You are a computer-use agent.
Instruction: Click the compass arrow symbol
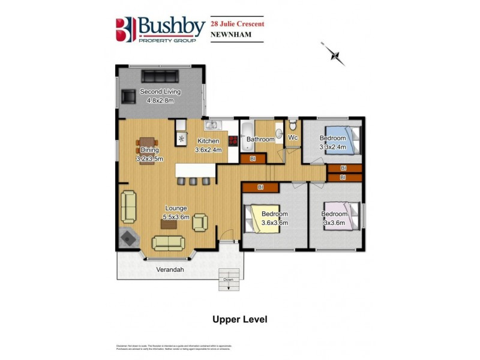click(x=335, y=54)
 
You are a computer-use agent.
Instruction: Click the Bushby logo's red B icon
click(x=124, y=28)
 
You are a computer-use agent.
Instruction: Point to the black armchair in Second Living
click(x=128, y=96)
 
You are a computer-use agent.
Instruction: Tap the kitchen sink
click(x=212, y=125)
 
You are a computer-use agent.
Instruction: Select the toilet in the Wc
click(x=292, y=125)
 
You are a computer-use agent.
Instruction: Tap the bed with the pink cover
click(x=342, y=222)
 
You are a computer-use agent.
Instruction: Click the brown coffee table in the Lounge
click(x=167, y=224)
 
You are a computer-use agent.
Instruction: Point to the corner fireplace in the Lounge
click(x=128, y=238)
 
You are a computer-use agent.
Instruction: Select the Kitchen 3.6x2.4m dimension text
click(x=209, y=146)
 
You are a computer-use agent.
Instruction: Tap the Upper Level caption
click(x=239, y=319)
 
